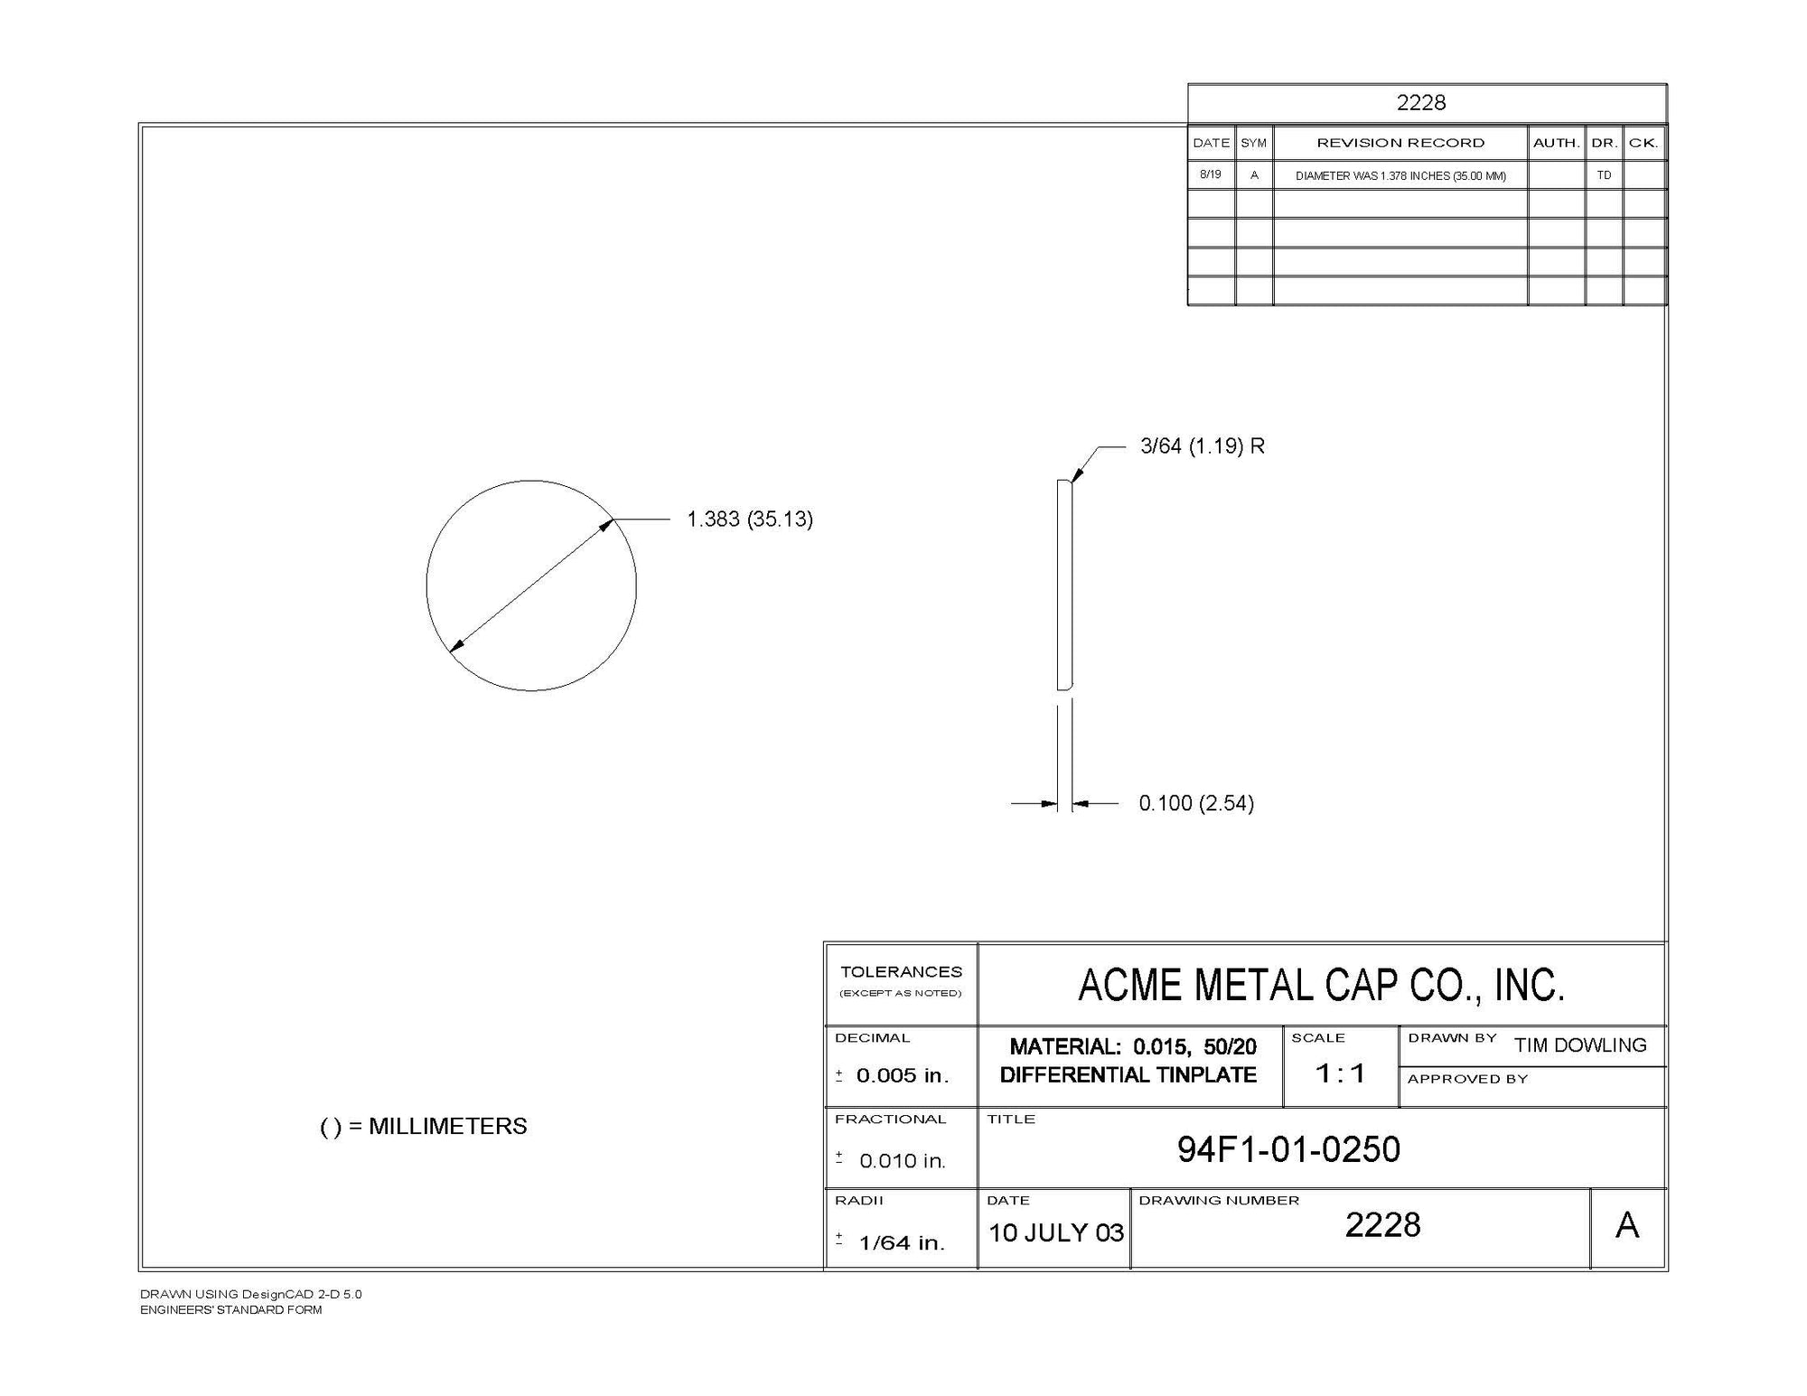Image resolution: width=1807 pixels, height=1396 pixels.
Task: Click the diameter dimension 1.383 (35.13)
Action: pos(750,520)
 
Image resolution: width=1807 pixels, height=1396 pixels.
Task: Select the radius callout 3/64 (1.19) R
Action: pos(1203,446)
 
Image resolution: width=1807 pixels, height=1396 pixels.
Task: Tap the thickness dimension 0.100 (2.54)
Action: pos(1196,803)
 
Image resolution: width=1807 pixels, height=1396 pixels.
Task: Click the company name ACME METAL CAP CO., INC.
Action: pos(1321,985)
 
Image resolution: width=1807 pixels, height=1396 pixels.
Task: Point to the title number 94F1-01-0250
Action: pos(1288,1149)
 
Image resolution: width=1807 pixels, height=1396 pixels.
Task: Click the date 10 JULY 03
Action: pos(1056,1232)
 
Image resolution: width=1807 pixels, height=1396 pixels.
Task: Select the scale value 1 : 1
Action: pos(1340,1073)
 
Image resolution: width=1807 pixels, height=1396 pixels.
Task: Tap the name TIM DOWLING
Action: pos(1581,1045)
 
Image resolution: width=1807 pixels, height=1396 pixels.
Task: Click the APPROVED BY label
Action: pos(1467,1079)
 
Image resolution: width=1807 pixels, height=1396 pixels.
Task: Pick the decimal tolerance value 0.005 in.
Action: pos(903,1075)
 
